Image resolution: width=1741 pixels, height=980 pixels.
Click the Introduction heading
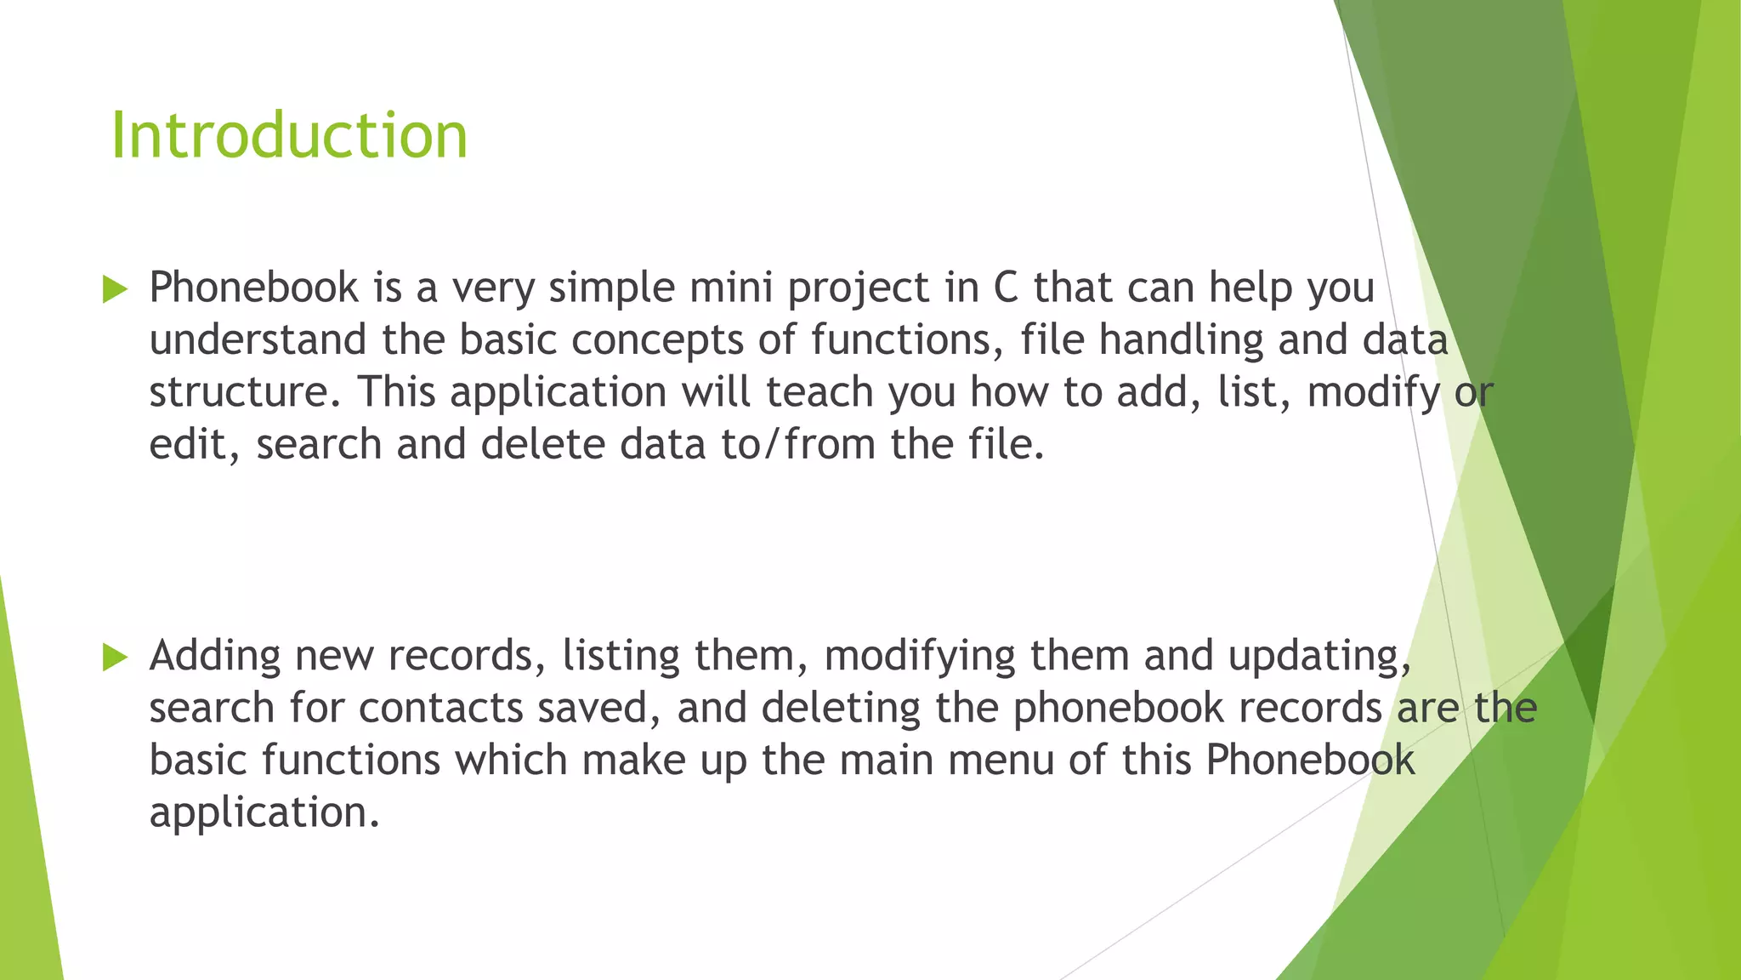coord(289,136)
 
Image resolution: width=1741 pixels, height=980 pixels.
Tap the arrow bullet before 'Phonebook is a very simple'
coord(115,289)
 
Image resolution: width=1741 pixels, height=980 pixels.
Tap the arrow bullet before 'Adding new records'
coord(115,657)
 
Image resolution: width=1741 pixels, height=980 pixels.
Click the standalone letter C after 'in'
coord(1006,288)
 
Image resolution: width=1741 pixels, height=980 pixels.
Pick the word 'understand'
coord(258,339)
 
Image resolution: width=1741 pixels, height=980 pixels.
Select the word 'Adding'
coord(215,657)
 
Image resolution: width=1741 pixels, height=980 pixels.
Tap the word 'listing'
coord(621,657)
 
